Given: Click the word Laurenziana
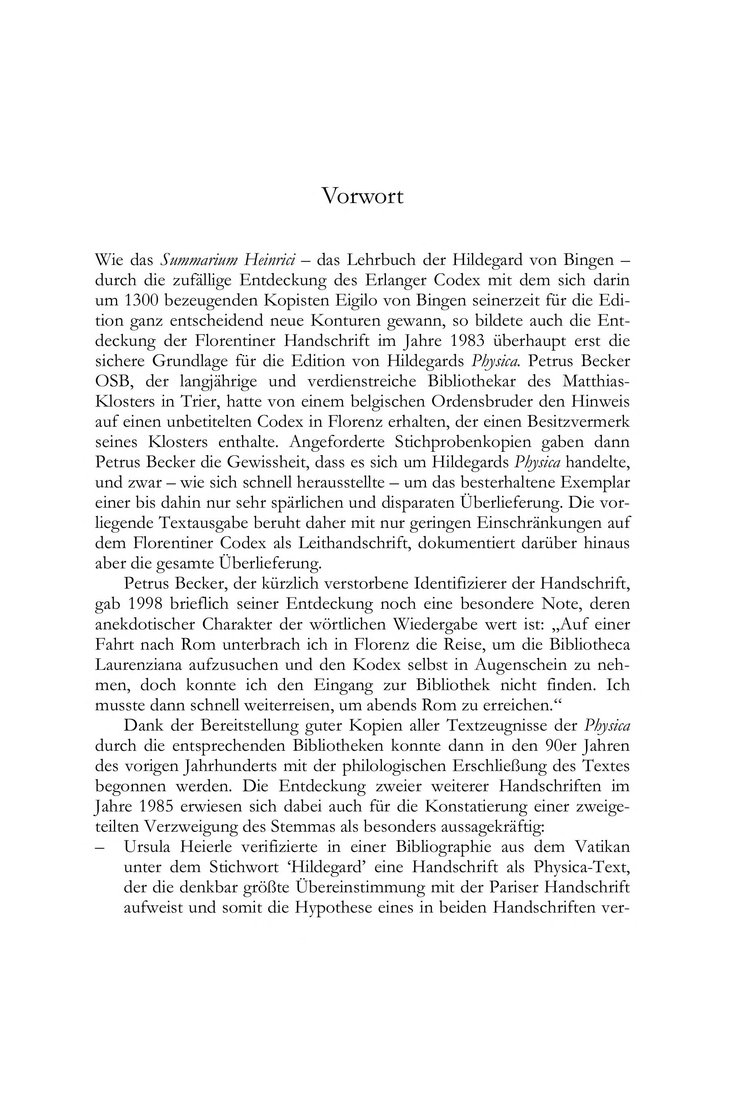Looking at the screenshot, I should (138, 665).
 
